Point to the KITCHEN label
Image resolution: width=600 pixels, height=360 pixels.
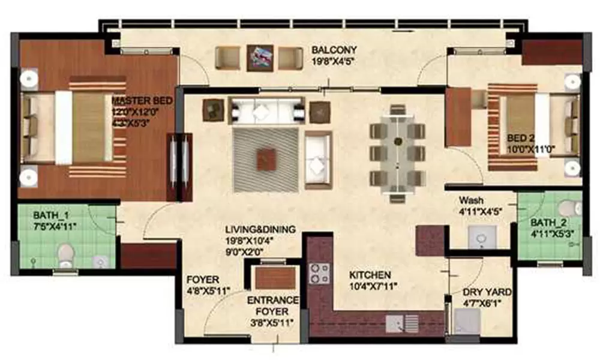click(370, 274)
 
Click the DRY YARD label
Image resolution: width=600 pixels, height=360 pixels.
click(487, 292)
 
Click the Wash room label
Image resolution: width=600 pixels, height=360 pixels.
click(471, 200)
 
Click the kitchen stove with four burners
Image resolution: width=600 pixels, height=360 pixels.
click(319, 273)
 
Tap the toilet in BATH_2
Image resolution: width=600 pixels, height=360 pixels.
click(568, 208)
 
